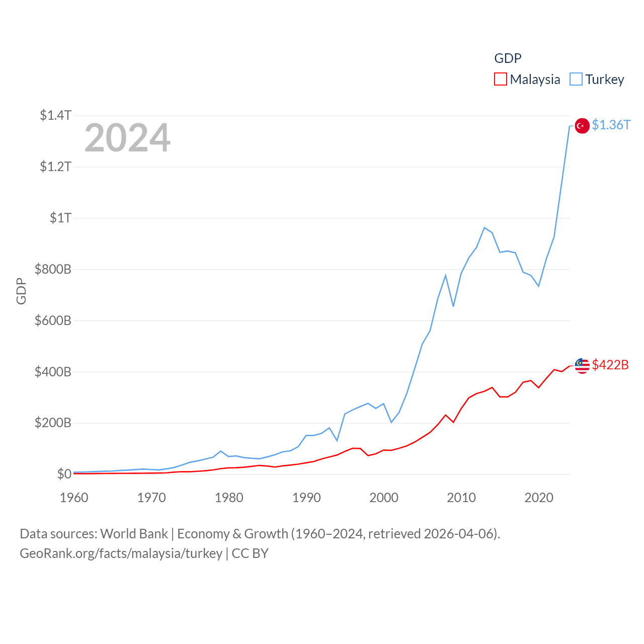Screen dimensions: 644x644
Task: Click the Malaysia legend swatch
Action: (x=501, y=79)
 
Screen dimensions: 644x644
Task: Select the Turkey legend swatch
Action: (x=576, y=79)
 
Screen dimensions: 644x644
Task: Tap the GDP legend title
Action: (x=508, y=58)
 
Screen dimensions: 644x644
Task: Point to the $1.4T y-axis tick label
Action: (x=55, y=115)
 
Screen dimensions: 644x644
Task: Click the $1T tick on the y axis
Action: (x=60, y=218)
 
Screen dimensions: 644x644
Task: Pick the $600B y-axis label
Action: (x=53, y=320)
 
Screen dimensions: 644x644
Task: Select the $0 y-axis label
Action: (x=64, y=474)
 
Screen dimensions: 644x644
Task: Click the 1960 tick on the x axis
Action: (x=74, y=498)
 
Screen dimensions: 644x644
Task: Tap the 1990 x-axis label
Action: (x=306, y=498)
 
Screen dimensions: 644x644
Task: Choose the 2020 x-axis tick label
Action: (x=539, y=498)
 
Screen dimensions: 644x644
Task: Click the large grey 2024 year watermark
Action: (x=127, y=138)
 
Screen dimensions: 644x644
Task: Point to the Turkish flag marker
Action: (x=582, y=126)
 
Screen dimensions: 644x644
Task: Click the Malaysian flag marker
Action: (x=582, y=366)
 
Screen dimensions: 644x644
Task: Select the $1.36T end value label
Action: (x=611, y=125)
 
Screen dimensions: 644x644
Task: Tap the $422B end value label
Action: (x=610, y=365)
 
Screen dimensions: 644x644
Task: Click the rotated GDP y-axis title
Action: (x=21, y=291)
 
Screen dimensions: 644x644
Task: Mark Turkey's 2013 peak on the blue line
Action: (x=485, y=227)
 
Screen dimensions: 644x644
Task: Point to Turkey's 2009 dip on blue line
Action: (x=453, y=306)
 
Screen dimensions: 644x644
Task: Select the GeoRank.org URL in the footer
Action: (x=121, y=553)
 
